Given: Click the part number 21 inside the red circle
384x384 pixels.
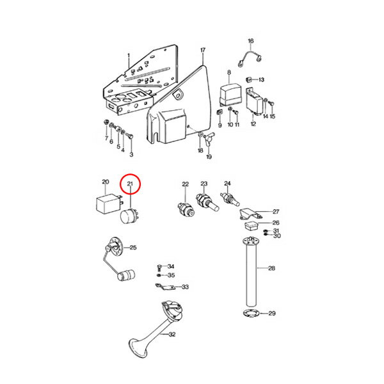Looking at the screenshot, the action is [x=130, y=184].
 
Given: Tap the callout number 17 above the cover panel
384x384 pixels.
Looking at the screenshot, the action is [x=203, y=50].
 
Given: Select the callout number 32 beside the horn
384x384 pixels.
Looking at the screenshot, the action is [x=172, y=334].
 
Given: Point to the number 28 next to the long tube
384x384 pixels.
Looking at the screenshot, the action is [x=271, y=268].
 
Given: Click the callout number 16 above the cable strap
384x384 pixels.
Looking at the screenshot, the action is [x=251, y=41].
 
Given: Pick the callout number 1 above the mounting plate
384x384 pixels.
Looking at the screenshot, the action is [x=129, y=56].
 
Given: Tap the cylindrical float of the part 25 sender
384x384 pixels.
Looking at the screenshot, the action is [x=126, y=275].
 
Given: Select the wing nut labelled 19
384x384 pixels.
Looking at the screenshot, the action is [x=209, y=138].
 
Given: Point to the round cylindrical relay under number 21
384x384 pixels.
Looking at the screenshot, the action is [x=129, y=216].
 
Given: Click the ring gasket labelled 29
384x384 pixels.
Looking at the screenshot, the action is [x=250, y=313].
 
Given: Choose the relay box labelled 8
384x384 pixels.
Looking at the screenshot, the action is [x=231, y=94].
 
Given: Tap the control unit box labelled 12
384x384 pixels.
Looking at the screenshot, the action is [x=255, y=102].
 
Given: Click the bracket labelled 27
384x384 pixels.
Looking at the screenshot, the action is [x=250, y=214].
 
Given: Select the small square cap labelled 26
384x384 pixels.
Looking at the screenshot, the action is [x=252, y=225].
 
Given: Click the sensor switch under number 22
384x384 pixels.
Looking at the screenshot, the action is [x=186, y=210].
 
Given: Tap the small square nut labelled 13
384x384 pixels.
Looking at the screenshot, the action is [x=248, y=79].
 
